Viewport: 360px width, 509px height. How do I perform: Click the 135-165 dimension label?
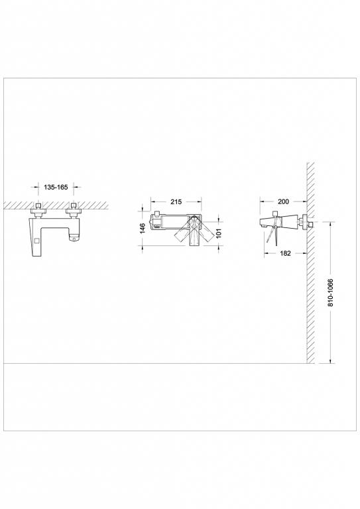click(56, 188)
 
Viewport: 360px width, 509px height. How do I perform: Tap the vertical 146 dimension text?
click(143, 229)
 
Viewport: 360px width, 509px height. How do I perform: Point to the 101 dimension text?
click(219, 233)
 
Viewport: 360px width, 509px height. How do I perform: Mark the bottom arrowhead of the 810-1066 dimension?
click(331, 361)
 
